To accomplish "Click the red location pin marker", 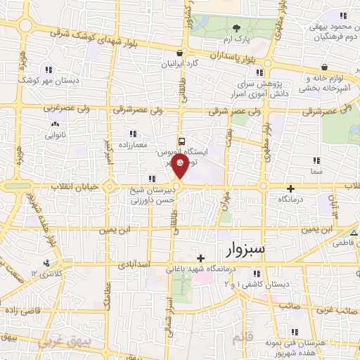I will click(x=181, y=167).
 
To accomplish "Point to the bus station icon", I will click(x=181, y=141).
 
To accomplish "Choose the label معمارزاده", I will click(x=134, y=143).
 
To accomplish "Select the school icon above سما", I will click(x=316, y=160).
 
